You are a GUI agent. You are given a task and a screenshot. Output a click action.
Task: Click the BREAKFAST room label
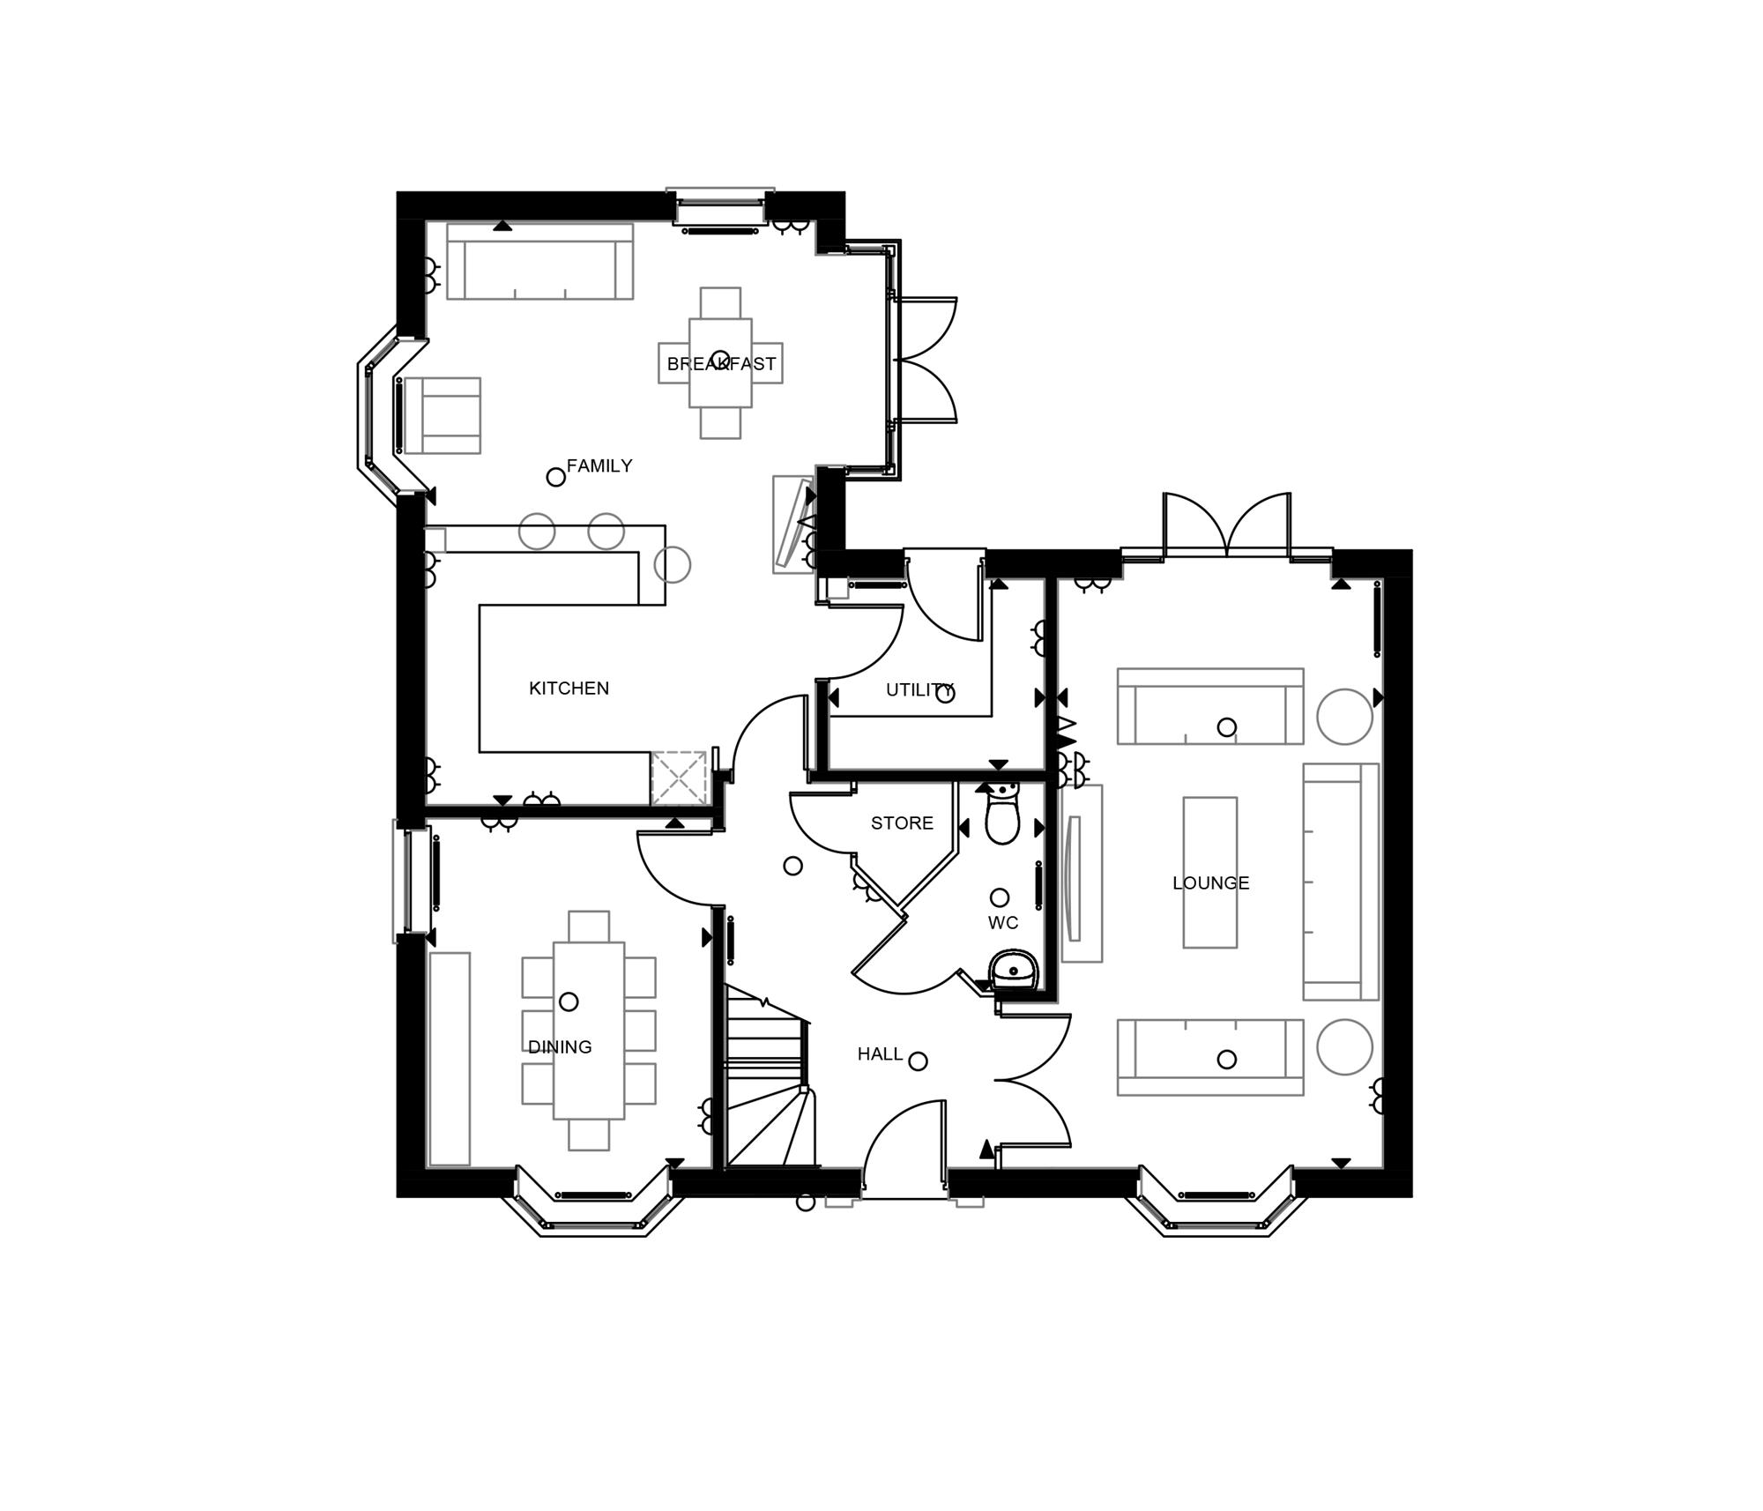pos(720,363)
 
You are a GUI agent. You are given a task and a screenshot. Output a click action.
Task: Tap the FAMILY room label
pos(599,465)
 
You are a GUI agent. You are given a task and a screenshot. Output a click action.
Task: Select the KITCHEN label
pos(569,689)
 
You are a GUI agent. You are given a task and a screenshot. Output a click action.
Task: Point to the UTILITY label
pos(919,690)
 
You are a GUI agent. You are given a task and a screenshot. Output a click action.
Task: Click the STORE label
pos(902,823)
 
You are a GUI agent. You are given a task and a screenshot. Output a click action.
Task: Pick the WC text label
pos(1002,923)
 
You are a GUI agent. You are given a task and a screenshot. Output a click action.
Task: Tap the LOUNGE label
pos(1210,883)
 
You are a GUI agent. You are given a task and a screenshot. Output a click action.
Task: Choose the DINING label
pos(559,1047)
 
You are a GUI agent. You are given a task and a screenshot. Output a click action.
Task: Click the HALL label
pos(880,1054)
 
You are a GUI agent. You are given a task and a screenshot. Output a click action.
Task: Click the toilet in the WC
pos(1002,815)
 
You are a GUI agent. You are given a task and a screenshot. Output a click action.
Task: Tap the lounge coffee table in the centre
pos(1209,873)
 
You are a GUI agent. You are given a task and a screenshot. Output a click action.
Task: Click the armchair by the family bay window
pos(443,415)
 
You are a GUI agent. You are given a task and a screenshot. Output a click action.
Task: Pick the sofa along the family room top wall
pos(539,262)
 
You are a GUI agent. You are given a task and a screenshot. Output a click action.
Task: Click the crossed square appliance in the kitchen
pos(679,778)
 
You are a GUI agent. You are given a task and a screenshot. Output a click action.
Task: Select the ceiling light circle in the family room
pos(555,477)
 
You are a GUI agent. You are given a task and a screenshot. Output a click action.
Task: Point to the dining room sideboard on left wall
pos(450,1059)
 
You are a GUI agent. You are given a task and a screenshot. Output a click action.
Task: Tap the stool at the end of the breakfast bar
pos(673,565)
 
